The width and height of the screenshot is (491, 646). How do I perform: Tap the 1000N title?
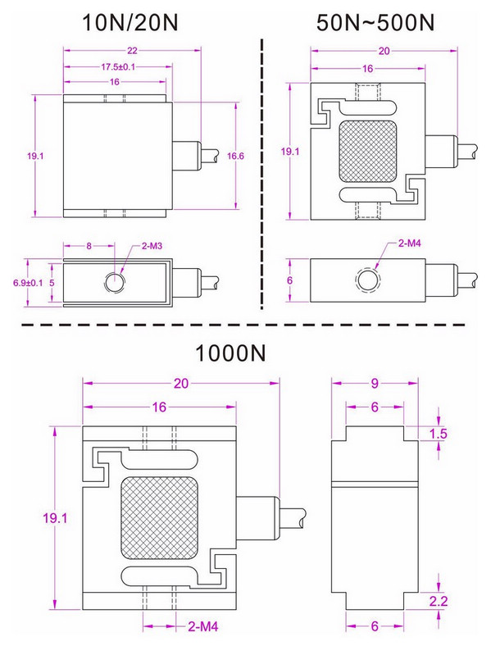click(230, 354)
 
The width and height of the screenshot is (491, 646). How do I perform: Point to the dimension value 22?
click(132, 51)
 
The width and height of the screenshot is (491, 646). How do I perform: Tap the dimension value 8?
click(89, 246)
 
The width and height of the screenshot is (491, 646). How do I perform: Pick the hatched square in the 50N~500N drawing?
click(367, 152)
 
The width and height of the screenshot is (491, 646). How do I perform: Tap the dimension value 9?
click(373, 383)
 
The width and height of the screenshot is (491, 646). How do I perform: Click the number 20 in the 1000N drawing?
click(182, 383)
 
